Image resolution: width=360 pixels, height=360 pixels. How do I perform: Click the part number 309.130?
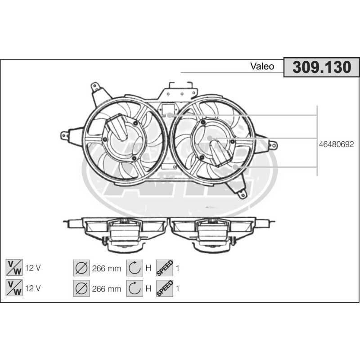pyautogui.click(x=322, y=67)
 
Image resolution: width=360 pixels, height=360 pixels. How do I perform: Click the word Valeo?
pyautogui.click(x=262, y=66)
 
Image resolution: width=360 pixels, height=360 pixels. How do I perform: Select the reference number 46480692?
pyautogui.click(x=336, y=144)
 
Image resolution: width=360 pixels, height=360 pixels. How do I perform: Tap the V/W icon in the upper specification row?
pyautogui.click(x=14, y=268)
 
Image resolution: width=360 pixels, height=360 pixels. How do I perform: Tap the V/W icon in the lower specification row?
pyautogui.click(x=14, y=288)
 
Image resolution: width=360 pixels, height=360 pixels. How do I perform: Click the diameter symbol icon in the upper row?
pyautogui.click(x=81, y=268)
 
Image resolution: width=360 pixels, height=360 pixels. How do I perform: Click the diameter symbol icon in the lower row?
pyautogui.click(x=81, y=288)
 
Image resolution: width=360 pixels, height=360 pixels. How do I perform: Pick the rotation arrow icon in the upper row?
pyautogui.click(x=135, y=268)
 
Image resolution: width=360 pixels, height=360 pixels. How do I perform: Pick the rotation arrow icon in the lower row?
pyautogui.click(x=135, y=288)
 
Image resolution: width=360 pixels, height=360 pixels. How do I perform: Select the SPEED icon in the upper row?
pyautogui.click(x=165, y=268)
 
